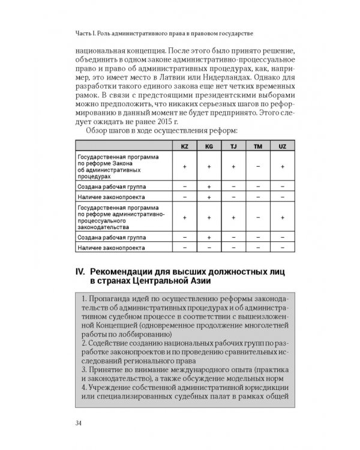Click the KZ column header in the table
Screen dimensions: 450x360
tap(184, 146)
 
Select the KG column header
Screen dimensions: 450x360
tap(209, 146)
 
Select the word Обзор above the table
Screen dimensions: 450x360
tap(100, 131)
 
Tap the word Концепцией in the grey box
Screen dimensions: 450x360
tap(105, 325)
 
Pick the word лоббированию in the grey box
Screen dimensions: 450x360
tap(144, 334)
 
